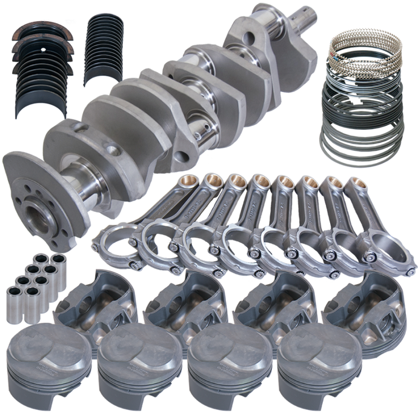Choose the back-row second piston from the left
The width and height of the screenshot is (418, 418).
tap(176, 303)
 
